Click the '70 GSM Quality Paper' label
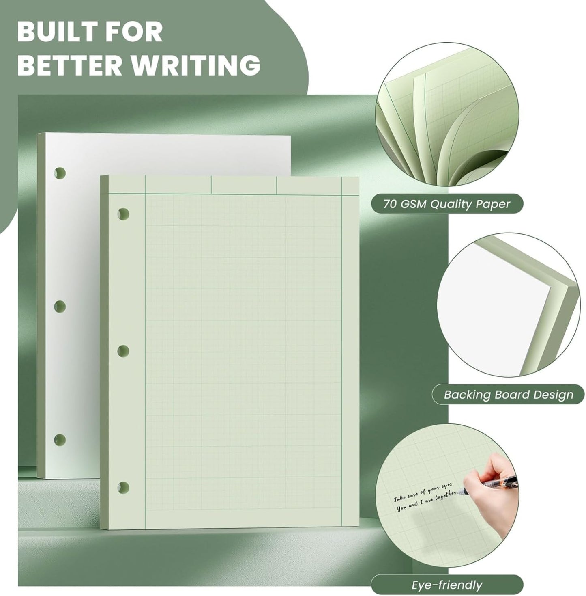pyautogui.click(x=446, y=204)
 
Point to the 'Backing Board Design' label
pyautogui.click(x=508, y=395)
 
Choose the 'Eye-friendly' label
pyautogui.click(x=446, y=585)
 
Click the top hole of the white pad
pyautogui.click(x=60, y=173)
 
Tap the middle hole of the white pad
pyautogui.click(x=60, y=307)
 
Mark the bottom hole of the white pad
pyautogui.click(x=60, y=440)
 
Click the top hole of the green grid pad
pyautogui.click(x=123, y=214)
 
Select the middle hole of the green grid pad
pyautogui.click(x=123, y=350)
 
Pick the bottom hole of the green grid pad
pyautogui.click(x=123, y=487)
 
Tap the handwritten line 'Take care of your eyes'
pyautogui.click(x=423, y=492)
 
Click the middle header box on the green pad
pyautogui.click(x=244, y=185)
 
